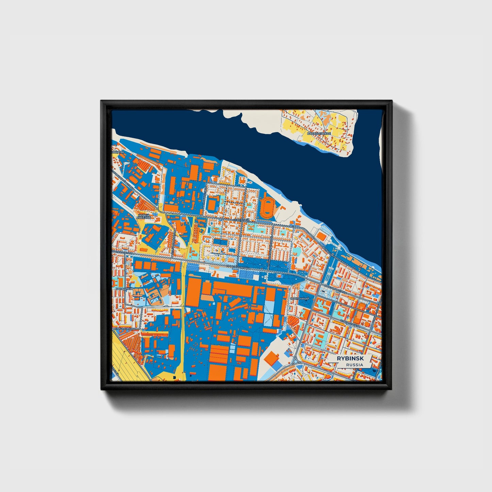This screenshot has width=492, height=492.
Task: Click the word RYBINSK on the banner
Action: [x=350, y=359]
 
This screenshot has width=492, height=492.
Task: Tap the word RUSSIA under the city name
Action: [x=354, y=365]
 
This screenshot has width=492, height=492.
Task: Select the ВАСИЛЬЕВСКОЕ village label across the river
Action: [x=319, y=133]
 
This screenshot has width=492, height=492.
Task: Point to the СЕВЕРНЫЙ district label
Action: [x=241, y=220]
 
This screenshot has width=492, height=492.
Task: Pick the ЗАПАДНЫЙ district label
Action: [x=124, y=289]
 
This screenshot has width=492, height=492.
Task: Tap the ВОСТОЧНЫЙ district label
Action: [x=300, y=299]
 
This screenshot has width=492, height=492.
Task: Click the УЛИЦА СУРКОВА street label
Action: [x=123, y=329]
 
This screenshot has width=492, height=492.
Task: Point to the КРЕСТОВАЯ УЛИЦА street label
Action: [x=337, y=290]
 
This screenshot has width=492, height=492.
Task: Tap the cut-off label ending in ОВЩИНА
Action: [x=118, y=152]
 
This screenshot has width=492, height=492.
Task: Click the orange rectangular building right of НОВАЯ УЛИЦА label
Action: [x=212, y=204]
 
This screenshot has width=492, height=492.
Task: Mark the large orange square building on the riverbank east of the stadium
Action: [x=321, y=236]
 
